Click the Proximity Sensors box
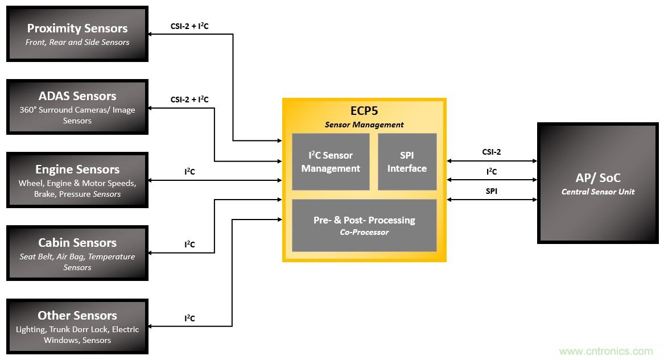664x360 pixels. [77, 34]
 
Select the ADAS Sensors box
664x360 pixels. [77, 107]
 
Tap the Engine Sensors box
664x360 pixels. [77, 180]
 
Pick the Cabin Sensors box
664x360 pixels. [77, 253]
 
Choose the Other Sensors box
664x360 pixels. [77, 326]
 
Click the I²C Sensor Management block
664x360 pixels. [331, 162]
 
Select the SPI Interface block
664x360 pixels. [407, 162]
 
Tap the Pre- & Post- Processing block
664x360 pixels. [364, 225]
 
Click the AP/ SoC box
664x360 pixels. [597, 183]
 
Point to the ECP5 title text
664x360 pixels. [364, 111]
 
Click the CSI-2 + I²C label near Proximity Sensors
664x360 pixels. [189, 26]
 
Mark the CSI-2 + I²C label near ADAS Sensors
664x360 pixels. [189, 100]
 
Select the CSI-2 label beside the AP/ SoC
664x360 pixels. [491, 152]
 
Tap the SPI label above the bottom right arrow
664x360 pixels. [491, 191]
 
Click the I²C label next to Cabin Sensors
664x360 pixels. [189, 245]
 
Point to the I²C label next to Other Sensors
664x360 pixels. [189, 318]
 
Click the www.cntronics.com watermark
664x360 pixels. [606, 351]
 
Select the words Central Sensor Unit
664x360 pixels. [597, 192]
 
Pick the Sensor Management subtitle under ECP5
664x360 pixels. [364, 125]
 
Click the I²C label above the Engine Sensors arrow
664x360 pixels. [189, 171]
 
